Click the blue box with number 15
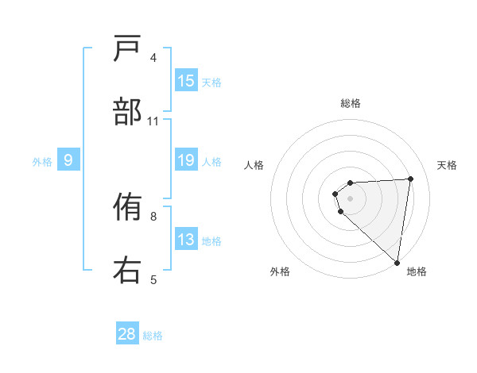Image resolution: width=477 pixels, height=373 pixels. (186, 81)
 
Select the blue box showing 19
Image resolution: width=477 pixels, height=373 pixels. (186, 160)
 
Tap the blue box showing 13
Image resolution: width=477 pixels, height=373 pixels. (186, 240)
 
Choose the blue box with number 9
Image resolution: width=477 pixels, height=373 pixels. (68, 160)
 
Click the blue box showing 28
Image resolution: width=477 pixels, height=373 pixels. (127, 334)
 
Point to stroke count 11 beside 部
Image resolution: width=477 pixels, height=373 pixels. (153, 121)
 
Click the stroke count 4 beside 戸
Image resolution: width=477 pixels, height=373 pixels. (153, 58)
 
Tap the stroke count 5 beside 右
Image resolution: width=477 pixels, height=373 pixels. (153, 279)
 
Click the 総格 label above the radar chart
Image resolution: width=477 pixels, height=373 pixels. (351, 103)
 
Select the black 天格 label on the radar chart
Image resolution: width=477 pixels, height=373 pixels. (448, 165)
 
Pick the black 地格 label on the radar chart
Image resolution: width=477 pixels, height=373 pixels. (417, 271)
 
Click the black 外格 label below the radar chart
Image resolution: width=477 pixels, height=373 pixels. (280, 271)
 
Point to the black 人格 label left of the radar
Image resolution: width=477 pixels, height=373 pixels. (254, 165)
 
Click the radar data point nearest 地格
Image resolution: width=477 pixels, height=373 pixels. (397, 262)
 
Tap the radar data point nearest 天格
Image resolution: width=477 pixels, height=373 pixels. (410, 179)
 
